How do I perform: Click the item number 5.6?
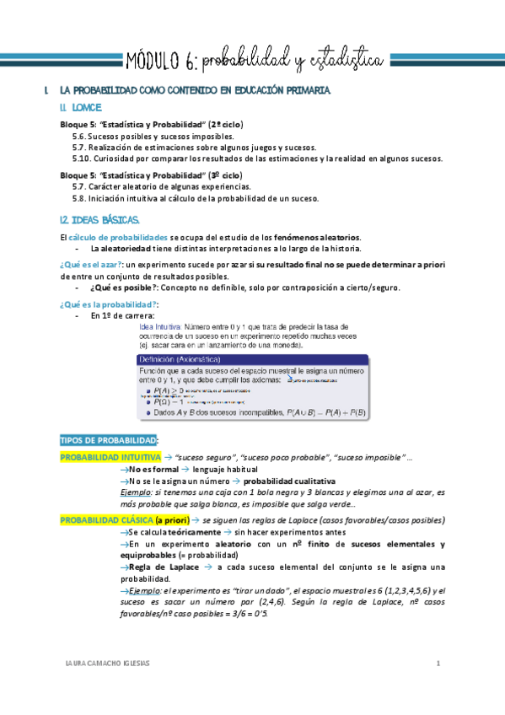pyautogui.click(x=78, y=136)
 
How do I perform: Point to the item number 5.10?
pyautogui.click(x=81, y=158)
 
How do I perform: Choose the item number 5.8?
pyautogui.click(x=78, y=198)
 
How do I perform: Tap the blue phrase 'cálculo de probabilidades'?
pyautogui.click(x=112, y=238)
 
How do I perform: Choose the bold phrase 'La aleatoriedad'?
pyautogui.click(x=119, y=249)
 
